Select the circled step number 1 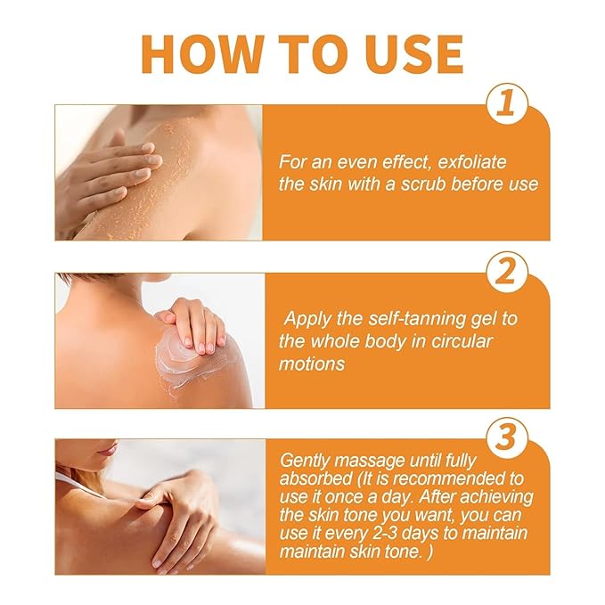(x=504, y=105)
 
